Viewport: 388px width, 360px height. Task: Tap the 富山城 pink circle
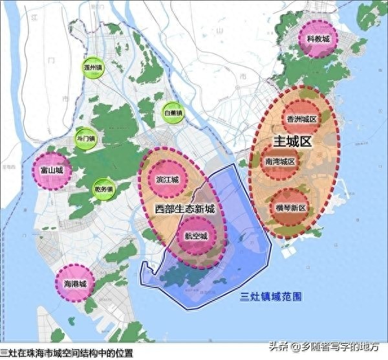[51, 170]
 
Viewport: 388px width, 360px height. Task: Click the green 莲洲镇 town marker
[94, 67]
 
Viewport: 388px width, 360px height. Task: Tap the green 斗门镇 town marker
[85, 138]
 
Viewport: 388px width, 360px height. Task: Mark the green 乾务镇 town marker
[103, 188]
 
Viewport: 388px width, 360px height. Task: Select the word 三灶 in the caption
[9, 354]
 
